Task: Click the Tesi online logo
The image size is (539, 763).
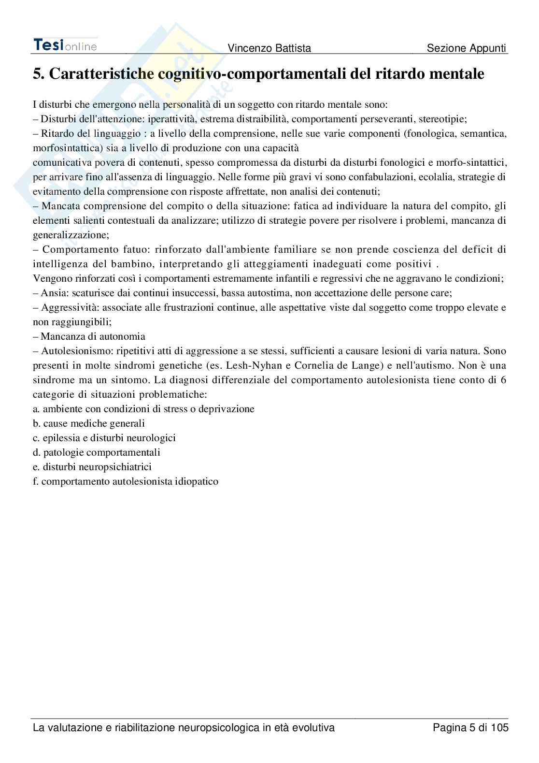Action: tap(65, 45)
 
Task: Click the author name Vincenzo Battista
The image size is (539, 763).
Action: tap(269, 48)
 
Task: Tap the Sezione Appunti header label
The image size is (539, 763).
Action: tap(467, 48)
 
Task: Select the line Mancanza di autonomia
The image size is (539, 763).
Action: tap(89, 336)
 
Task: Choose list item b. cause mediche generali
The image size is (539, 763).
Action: tap(89, 423)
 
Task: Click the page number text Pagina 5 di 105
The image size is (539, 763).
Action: tap(470, 727)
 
